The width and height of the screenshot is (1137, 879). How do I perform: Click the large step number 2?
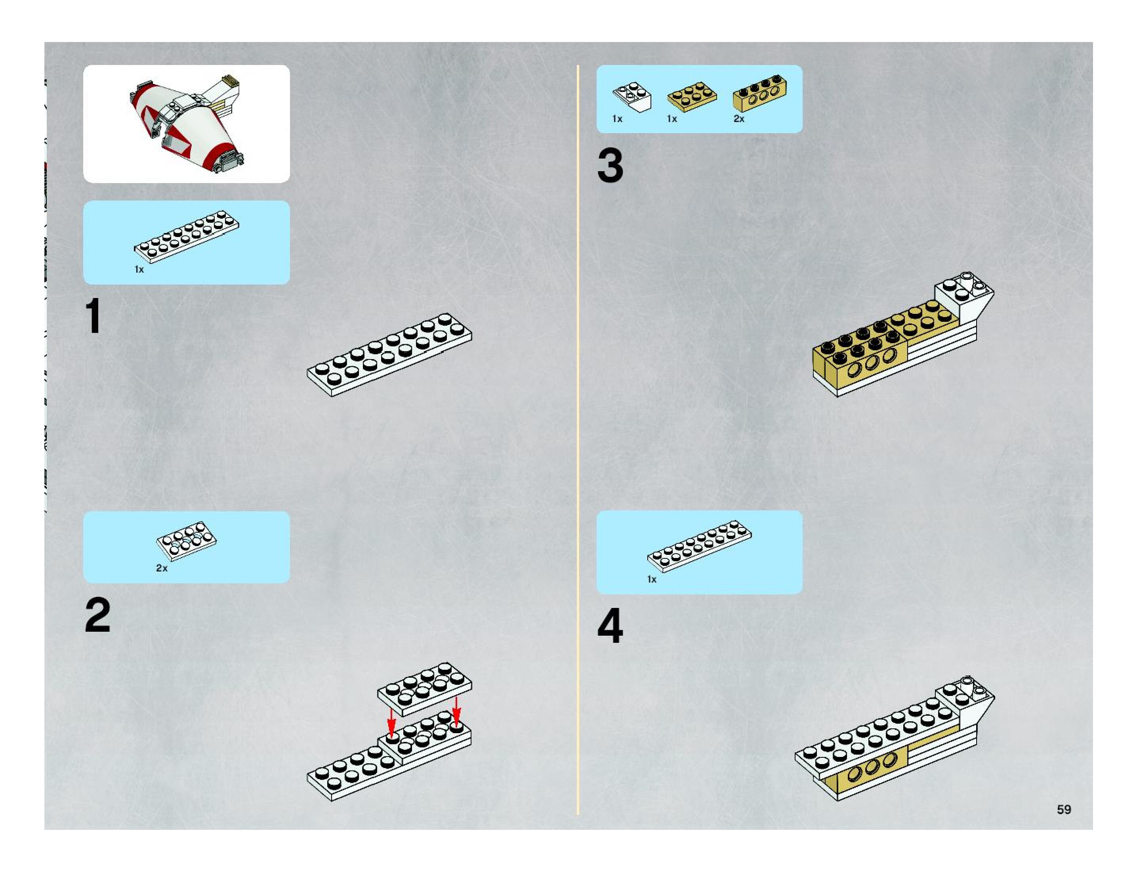coord(97,615)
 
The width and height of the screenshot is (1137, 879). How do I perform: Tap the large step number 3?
coord(610,166)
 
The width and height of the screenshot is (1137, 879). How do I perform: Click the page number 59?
coord(1064,809)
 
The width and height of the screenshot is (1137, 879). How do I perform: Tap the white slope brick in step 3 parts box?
coord(632,97)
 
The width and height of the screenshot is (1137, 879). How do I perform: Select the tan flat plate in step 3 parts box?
coord(692,96)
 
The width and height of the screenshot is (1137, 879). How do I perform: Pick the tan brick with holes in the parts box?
coord(759,94)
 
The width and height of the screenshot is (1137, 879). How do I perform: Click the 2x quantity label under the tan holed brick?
coord(739,119)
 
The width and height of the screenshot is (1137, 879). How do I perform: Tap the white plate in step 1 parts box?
coord(186,237)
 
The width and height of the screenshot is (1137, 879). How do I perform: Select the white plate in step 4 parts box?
coord(699,546)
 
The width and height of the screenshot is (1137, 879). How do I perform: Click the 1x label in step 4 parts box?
coord(652,579)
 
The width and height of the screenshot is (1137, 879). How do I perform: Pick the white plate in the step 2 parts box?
coord(186,541)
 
